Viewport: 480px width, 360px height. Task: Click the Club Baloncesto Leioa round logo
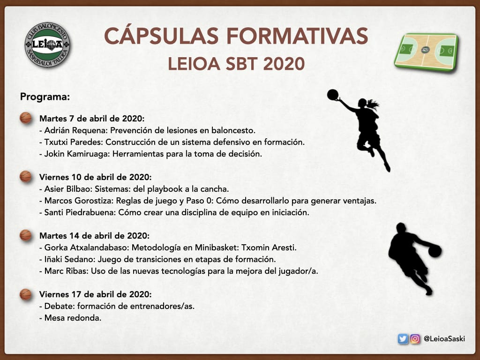click(47, 45)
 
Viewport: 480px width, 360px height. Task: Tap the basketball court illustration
click(426, 52)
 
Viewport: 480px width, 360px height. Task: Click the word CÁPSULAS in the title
click(161, 36)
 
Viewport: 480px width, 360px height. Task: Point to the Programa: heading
click(45, 97)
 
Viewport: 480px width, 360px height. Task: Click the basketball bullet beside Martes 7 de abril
click(26, 118)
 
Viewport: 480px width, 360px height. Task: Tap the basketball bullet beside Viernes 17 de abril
click(26, 294)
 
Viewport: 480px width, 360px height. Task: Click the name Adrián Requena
click(76, 130)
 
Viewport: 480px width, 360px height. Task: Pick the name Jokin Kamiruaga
click(77, 154)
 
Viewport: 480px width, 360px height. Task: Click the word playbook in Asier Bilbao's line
click(165, 189)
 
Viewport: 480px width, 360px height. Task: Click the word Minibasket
click(217, 247)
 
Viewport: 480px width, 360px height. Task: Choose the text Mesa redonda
click(73, 318)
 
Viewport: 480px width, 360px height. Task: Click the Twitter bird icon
click(403, 339)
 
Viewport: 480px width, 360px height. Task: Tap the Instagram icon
click(415, 339)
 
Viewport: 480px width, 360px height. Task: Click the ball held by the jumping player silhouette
click(333, 95)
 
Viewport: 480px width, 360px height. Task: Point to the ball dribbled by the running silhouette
click(435, 251)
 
